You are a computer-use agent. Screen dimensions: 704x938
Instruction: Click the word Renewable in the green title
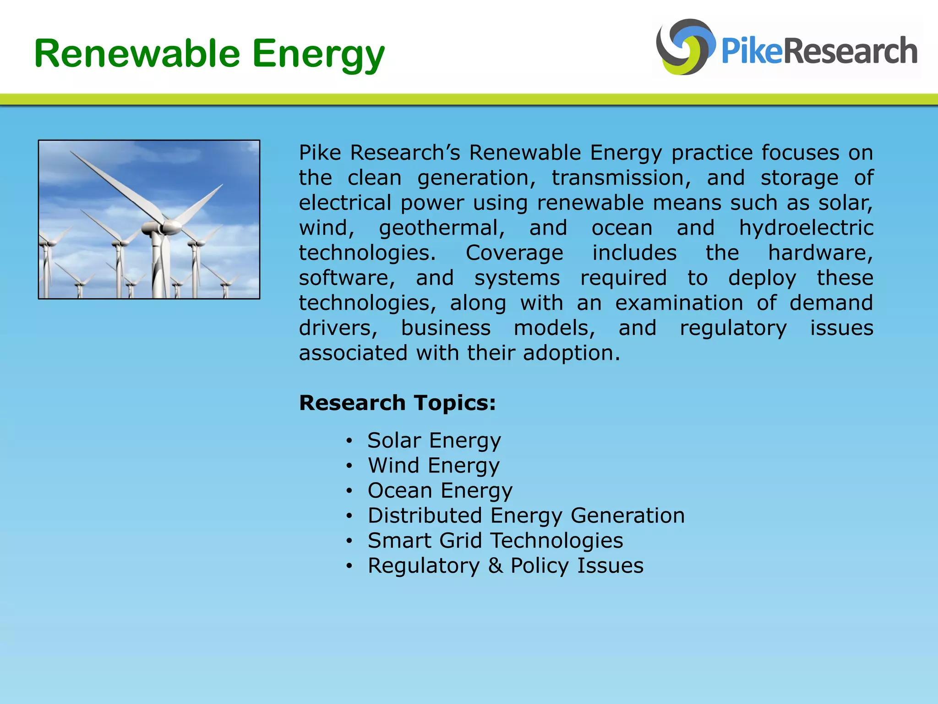137,54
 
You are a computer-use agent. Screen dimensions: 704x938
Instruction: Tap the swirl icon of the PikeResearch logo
684,47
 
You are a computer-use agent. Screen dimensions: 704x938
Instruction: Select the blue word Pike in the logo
752,51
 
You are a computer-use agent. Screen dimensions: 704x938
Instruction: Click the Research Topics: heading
397,403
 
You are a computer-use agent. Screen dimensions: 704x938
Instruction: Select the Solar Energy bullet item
434,440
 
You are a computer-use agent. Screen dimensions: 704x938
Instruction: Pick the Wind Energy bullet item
433,466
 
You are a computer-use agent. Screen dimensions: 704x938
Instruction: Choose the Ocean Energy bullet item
440,490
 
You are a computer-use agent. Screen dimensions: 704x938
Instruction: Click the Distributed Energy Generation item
526,516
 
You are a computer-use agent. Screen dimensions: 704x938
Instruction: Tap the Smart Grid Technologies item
495,541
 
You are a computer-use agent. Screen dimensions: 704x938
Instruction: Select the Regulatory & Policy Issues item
505,566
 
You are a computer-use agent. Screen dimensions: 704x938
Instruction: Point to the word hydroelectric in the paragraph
806,228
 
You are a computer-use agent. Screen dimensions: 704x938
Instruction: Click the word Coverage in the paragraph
514,253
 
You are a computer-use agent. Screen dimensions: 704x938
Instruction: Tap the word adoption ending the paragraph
571,353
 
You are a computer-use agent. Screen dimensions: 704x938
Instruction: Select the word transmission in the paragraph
621,178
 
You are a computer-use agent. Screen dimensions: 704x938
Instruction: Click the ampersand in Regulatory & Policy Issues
495,566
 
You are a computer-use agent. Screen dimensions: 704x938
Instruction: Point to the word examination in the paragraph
679,303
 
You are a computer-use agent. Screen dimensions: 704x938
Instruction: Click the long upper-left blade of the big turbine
115,183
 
